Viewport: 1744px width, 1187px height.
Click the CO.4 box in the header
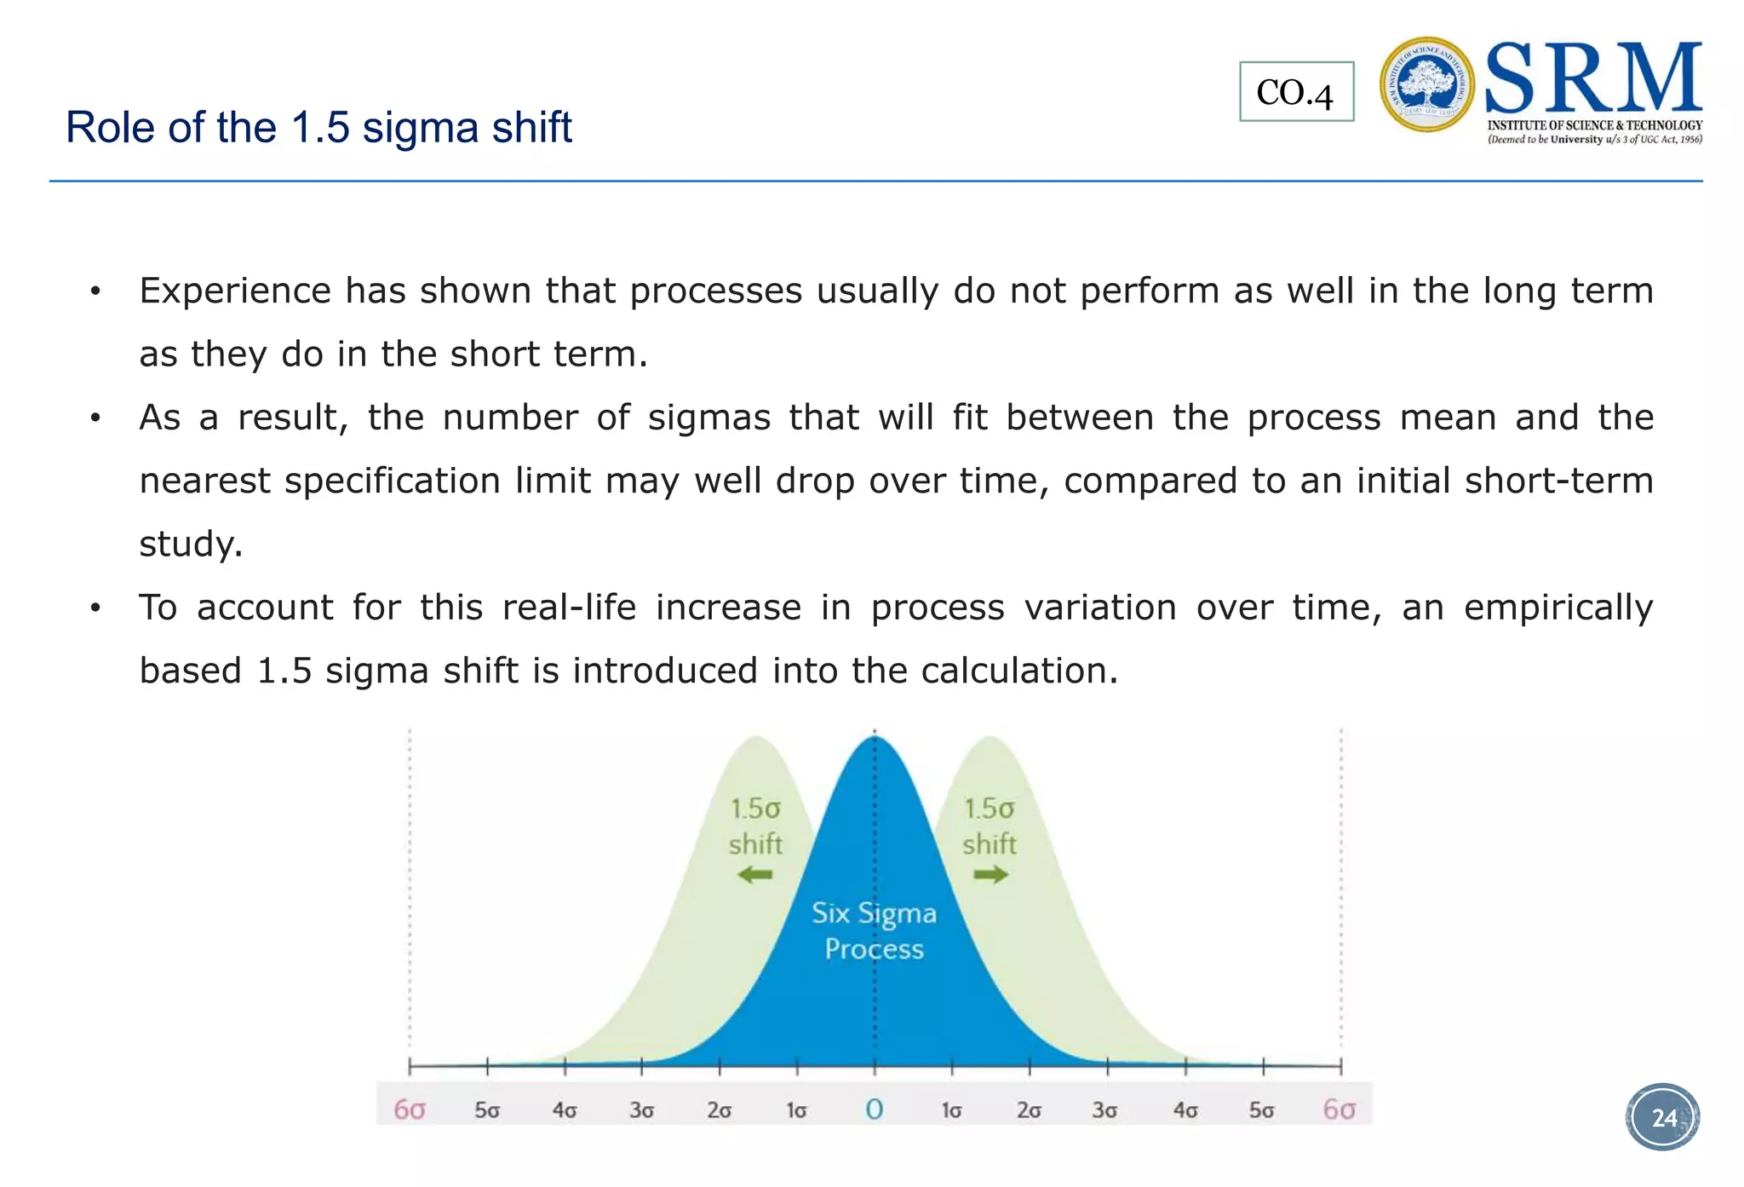(x=1295, y=92)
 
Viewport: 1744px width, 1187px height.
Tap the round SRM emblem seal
(x=1426, y=84)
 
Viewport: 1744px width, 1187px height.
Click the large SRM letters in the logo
(x=1593, y=78)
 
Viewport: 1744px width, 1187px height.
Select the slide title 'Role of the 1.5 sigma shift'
(x=318, y=128)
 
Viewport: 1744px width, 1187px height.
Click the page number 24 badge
(x=1663, y=1117)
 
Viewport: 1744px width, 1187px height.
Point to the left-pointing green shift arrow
(x=754, y=874)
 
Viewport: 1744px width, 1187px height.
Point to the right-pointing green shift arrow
(x=990, y=874)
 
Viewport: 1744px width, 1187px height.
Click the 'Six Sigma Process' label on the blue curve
(x=874, y=931)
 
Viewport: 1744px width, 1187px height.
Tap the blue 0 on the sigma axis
(x=874, y=1109)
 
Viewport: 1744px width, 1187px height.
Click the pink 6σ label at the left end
(x=410, y=1109)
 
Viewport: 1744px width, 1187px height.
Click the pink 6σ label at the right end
(x=1339, y=1109)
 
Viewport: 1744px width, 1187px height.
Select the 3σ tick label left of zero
(x=641, y=1110)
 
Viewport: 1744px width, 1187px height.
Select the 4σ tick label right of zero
(x=1185, y=1110)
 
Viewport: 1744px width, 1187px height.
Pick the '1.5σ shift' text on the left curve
(x=755, y=826)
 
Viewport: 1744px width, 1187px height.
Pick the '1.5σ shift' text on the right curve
(x=990, y=826)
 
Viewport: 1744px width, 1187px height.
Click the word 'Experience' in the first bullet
(x=235, y=291)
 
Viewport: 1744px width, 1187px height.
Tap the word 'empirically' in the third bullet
(x=1558, y=608)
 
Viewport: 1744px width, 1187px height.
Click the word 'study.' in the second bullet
(x=191, y=544)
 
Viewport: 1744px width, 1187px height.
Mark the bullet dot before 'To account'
(x=95, y=608)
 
